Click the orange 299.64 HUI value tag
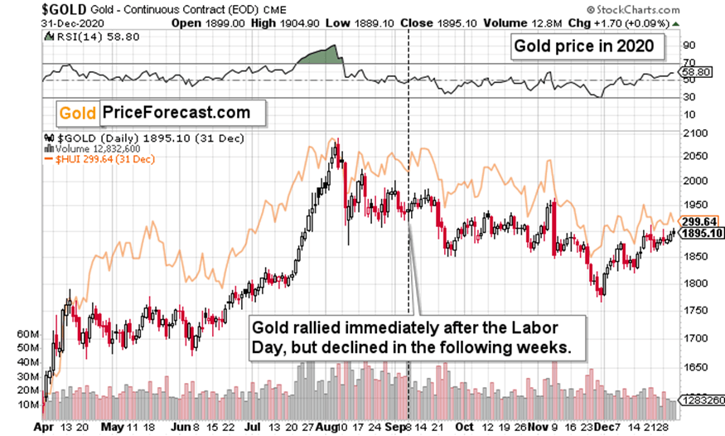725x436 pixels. click(699, 222)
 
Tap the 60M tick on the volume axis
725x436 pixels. click(27, 334)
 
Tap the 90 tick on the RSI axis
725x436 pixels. click(689, 46)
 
